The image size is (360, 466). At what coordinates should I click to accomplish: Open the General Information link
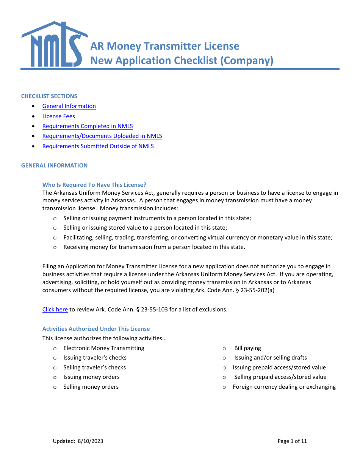(x=69, y=106)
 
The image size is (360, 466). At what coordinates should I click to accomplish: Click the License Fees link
(x=58, y=116)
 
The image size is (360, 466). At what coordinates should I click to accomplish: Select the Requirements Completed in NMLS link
(x=88, y=126)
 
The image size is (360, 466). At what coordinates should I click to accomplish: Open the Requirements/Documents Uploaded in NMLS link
(x=102, y=136)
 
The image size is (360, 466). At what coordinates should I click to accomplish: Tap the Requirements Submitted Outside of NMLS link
(x=98, y=146)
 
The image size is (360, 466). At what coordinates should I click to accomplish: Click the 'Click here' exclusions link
(x=55, y=309)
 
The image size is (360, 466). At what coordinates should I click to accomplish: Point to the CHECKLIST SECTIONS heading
(x=49, y=96)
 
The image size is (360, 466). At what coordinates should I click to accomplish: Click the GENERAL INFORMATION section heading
(x=54, y=166)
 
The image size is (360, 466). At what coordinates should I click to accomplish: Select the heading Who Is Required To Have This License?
(x=94, y=185)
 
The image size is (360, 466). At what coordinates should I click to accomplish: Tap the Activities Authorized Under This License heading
(x=96, y=329)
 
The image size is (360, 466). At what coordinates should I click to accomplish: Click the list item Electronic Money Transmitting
(x=104, y=348)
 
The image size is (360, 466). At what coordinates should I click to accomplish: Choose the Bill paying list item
(x=247, y=348)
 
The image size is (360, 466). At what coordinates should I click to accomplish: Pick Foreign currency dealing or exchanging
(x=284, y=387)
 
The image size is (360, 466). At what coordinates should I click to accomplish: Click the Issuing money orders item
(x=91, y=377)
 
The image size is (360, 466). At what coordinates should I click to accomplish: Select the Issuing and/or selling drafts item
(x=270, y=358)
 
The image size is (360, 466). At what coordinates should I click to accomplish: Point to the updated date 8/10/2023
(x=91, y=441)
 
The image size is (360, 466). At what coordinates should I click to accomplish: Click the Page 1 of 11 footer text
(x=292, y=441)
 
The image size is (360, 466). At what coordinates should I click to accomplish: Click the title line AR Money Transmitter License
(x=165, y=46)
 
